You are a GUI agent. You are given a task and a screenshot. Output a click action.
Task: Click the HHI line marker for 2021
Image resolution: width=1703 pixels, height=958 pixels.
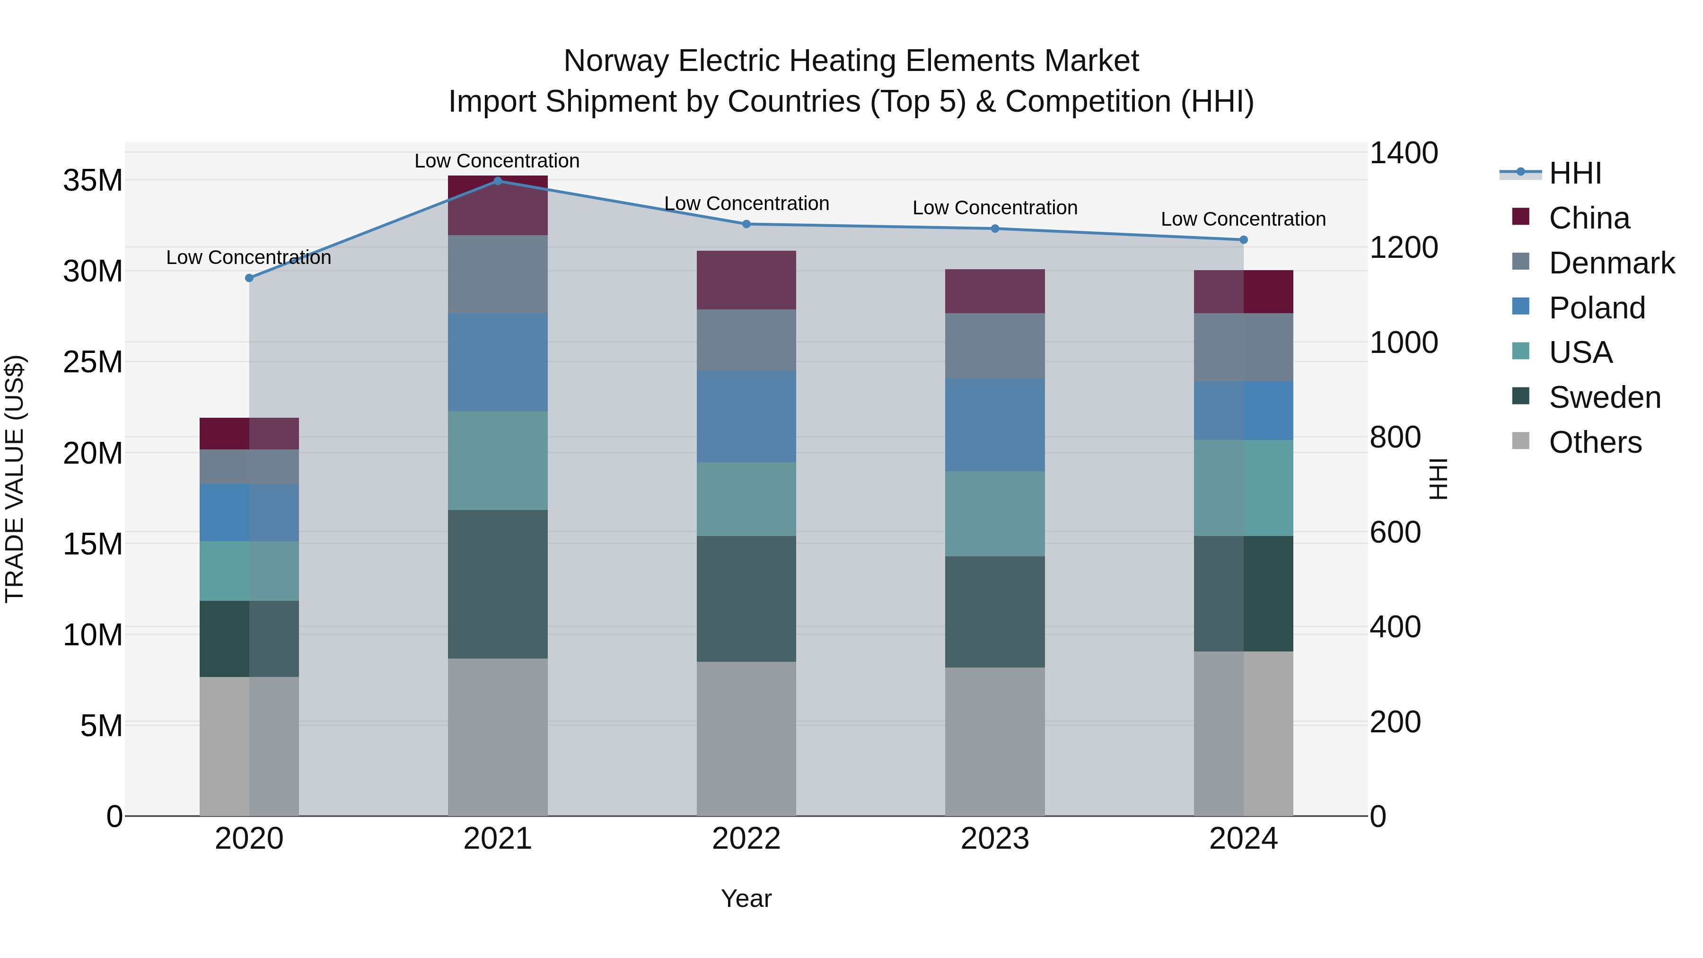click(498, 181)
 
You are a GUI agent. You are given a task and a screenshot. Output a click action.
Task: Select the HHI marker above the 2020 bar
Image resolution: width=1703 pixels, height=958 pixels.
click(249, 278)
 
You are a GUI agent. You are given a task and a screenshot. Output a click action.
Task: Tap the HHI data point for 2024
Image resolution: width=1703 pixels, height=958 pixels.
click(1243, 239)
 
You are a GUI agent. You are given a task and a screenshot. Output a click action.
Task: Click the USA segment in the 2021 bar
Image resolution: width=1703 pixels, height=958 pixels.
click(498, 460)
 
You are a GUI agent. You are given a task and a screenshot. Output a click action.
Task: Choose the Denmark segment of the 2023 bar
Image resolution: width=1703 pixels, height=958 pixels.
click(994, 345)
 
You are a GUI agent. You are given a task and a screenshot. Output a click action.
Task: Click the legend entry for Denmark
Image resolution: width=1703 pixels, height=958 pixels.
click(1611, 263)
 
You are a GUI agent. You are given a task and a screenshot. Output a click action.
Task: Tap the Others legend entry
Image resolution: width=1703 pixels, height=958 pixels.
click(1595, 442)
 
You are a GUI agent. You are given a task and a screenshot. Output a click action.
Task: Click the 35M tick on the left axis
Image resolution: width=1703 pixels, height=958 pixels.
click(93, 181)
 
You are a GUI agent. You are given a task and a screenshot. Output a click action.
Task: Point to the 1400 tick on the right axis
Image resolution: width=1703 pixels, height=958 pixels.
click(1403, 153)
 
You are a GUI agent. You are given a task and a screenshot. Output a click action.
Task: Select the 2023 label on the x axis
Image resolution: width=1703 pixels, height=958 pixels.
click(994, 839)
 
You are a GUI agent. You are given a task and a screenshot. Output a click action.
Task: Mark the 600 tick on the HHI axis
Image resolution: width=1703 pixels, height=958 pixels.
click(1395, 532)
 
